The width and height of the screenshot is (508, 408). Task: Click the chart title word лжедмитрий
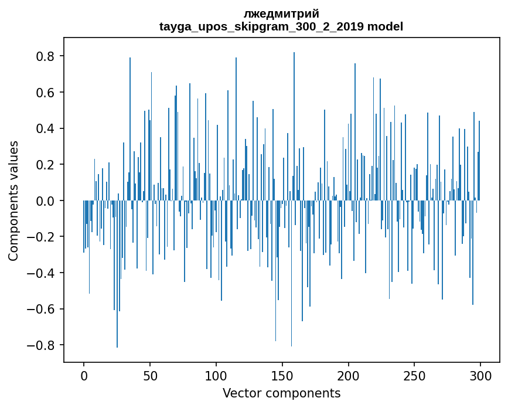coord(281,14)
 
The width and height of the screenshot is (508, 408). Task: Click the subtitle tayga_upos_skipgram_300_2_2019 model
coord(281,26)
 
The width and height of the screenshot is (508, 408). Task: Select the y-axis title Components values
coord(13,200)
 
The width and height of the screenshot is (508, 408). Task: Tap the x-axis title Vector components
coord(281,393)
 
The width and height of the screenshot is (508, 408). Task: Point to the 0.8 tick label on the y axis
coord(47,56)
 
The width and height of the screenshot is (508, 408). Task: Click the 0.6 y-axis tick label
coord(47,93)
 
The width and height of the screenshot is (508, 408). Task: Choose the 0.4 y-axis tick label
coord(47,128)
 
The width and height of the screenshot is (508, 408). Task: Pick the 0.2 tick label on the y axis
coord(47,165)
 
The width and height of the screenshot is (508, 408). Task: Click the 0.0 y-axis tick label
coord(47,200)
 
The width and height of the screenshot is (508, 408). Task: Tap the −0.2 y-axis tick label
coord(43,237)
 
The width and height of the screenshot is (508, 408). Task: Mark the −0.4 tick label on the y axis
coord(43,273)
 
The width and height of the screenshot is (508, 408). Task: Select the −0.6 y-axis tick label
coord(43,309)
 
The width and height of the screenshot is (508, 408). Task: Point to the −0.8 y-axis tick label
coord(43,345)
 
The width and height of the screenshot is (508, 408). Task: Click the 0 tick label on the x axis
coord(84,375)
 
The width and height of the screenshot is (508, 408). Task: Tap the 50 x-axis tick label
coord(150,375)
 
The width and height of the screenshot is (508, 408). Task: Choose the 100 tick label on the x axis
coord(216,375)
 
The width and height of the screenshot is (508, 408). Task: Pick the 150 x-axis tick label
coord(282,375)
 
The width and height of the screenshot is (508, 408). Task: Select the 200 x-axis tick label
coord(349,375)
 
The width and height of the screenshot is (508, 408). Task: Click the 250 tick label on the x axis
coord(415,375)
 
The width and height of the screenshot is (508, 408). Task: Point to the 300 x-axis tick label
coord(480,375)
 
